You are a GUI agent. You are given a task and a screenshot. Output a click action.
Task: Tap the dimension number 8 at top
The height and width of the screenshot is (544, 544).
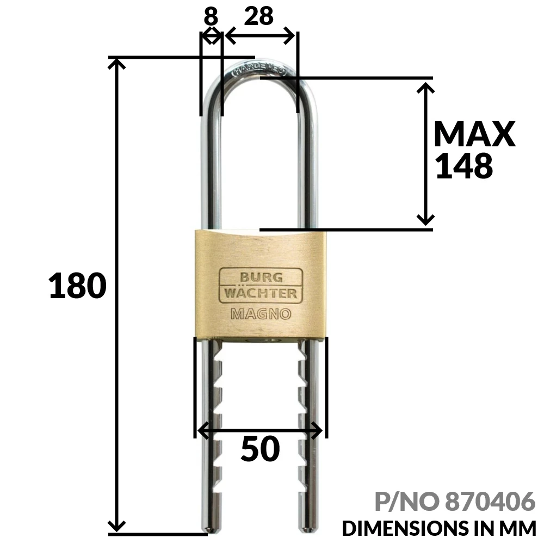tap(211, 17)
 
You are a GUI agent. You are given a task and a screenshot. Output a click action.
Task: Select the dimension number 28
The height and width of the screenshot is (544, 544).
tap(258, 17)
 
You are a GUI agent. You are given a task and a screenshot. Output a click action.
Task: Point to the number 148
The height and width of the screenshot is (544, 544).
tap(465, 166)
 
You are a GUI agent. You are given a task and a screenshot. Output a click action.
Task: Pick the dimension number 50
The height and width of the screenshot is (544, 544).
tap(260, 449)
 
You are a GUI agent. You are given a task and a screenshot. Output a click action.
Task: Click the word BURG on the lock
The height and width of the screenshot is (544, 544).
tap(258, 276)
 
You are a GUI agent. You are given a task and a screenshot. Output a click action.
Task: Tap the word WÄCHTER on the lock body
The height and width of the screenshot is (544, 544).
tap(258, 294)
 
